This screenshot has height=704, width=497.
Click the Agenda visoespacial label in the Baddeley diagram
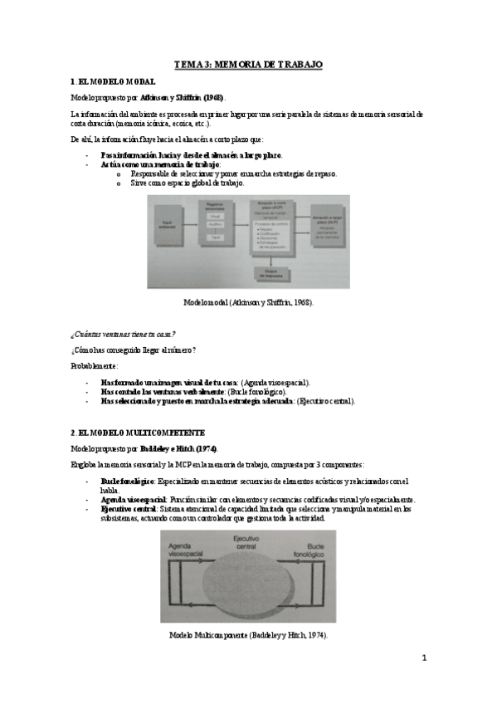pyautogui.click(x=186, y=548)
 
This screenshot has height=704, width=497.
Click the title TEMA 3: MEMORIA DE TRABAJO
pyautogui.click(x=248, y=64)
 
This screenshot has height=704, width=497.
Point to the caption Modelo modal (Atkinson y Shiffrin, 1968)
pyautogui.click(x=248, y=302)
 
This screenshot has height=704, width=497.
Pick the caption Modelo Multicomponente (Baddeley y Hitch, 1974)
pyautogui.click(x=248, y=634)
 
